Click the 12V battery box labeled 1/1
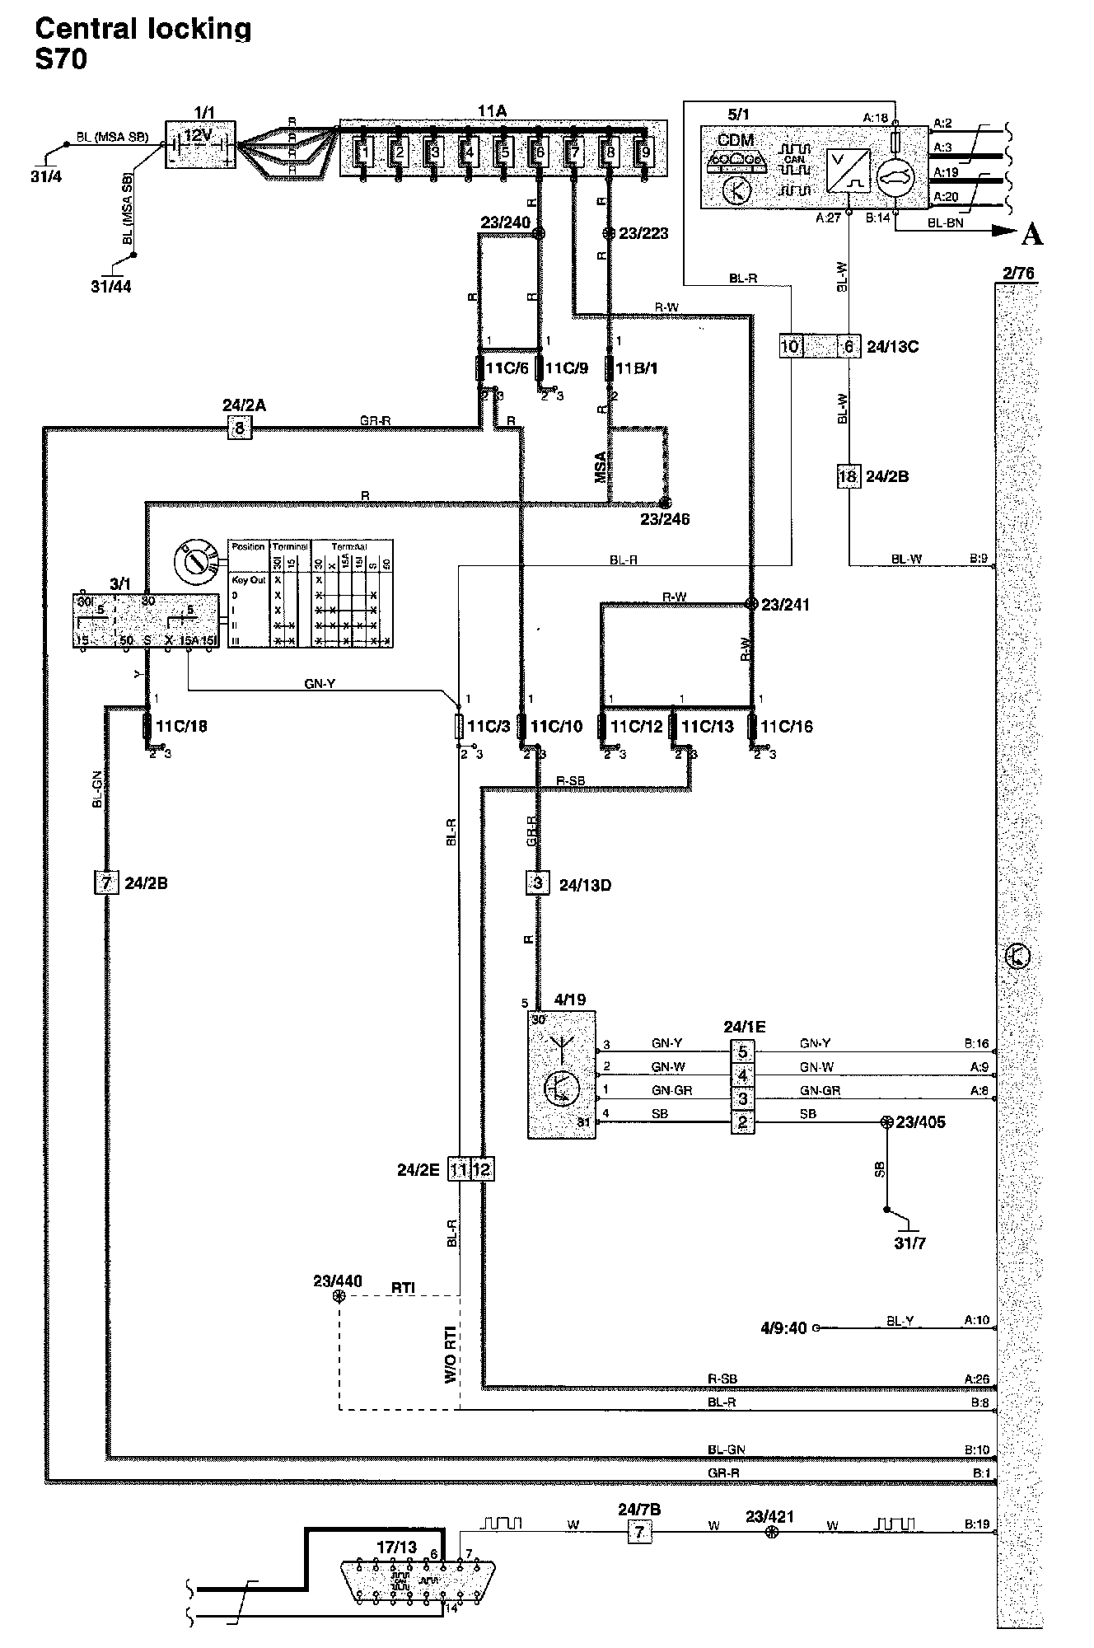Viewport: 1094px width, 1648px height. [x=201, y=144]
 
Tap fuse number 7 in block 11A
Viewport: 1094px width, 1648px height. [x=574, y=152]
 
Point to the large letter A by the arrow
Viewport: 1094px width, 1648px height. [x=1031, y=235]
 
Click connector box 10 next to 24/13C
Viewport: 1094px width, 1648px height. [x=789, y=346]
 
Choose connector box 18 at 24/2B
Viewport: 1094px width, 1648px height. [x=848, y=476]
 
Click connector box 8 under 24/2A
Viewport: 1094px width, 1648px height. [x=239, y=427]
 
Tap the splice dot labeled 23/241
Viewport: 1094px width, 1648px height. [x=751, y=604]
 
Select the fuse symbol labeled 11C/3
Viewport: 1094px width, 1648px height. [x=459, y=726]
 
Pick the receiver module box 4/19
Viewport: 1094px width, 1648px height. [x=561, y=1075]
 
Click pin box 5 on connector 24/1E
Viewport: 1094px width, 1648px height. [x=742, y=1051]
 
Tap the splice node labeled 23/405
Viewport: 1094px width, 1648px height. [x=886, y=1122]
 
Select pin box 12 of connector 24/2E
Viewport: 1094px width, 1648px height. [x=482, y=1169]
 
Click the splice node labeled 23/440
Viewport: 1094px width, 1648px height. [x=338, y=1296]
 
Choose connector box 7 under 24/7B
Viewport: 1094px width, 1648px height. [x=638, y=1533]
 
